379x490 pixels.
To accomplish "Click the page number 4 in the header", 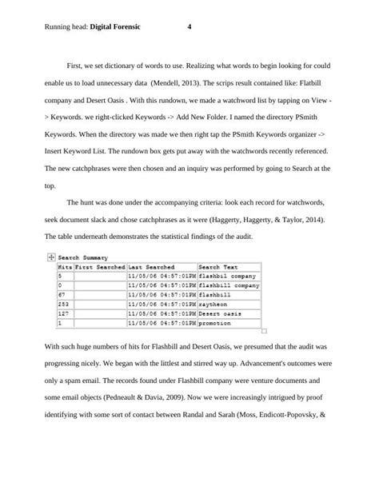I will point(189,26).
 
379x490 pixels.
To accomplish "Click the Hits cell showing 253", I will point(56,305).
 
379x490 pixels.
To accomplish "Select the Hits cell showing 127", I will point(56,315).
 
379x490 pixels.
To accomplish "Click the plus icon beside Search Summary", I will point(50,257).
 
